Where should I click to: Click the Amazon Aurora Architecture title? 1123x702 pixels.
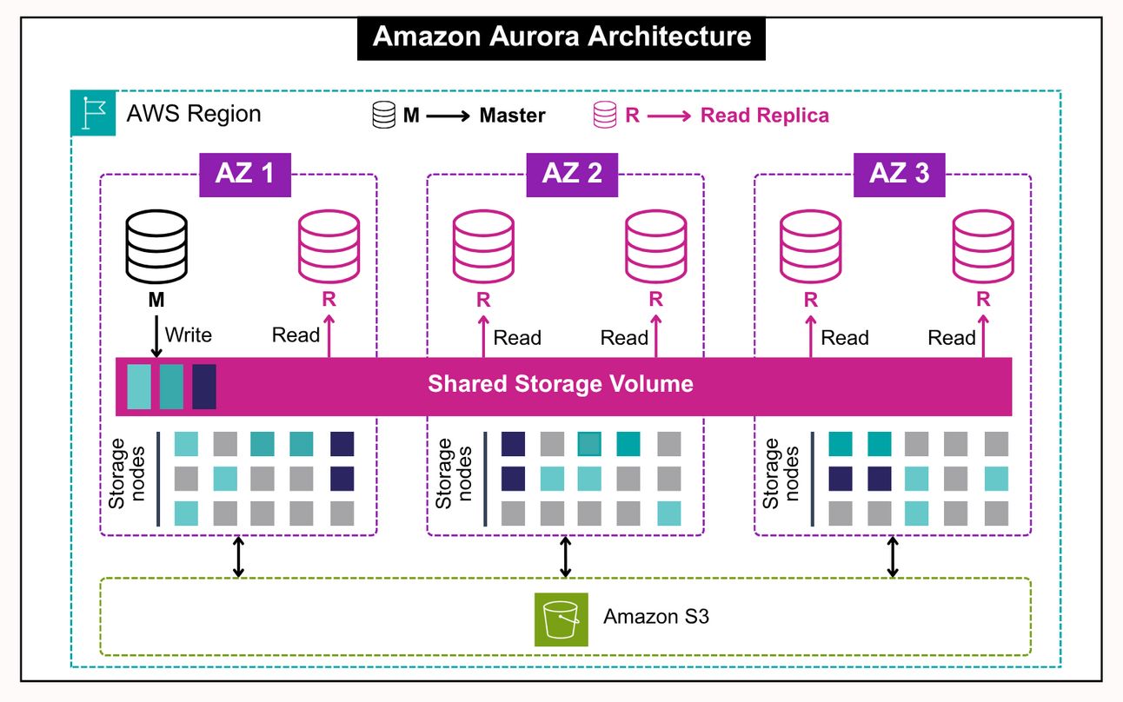[561, 37]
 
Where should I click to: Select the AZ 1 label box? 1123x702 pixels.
[244, 173]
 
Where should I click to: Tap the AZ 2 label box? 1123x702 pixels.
[572, 173]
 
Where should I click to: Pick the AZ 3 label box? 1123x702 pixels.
[899, 173]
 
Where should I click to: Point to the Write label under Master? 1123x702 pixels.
[188, 334]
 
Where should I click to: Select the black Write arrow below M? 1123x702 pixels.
[156, 337]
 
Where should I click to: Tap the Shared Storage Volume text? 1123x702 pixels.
[561, 384]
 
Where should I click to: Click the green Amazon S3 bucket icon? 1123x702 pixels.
[561, 619]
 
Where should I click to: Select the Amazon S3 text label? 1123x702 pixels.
[656, 618]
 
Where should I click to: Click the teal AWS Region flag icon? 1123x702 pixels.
[92, 114]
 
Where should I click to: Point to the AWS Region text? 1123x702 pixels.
[193, 114]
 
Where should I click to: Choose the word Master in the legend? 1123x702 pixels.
[513, 116]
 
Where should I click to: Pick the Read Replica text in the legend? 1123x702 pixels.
[765, 116]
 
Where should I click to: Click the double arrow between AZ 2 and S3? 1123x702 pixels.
[566, 557]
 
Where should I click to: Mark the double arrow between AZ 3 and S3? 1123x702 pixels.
[893, 557]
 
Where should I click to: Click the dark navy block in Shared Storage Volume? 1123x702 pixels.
[203, 387]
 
